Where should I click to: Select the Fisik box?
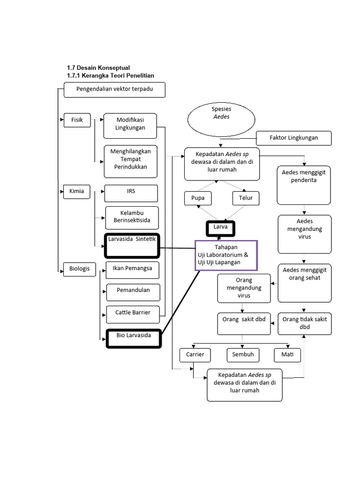click(77, 120)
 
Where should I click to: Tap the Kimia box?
click(77, 192)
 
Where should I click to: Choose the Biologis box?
click(79, 269)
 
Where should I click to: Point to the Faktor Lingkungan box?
click(294, 138)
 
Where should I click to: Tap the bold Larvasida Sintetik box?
click(132, 246)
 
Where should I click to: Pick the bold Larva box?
click(220, 228)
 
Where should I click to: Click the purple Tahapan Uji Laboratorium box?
click(226, 255)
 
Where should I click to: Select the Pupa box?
click(198, 198)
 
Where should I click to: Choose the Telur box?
click(246, 198)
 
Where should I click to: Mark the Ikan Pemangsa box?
click(132, 270)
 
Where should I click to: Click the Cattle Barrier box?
click(133, 313)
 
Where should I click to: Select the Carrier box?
click(195, 355)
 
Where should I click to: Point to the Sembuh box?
click(243, 355)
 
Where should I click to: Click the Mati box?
click(287, 355)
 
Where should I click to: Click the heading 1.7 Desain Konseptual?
click(98, 68)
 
